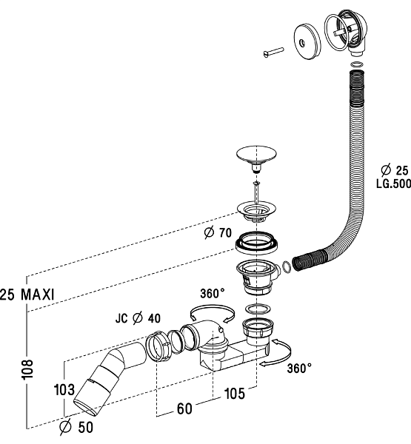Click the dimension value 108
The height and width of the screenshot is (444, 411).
28,369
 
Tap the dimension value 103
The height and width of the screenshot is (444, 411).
64,390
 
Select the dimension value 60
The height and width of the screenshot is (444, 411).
184,408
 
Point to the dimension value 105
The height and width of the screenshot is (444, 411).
235,394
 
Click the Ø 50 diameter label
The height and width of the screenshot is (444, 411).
76,427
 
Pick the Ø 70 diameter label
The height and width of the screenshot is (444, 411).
218,233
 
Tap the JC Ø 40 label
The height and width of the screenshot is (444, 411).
138,318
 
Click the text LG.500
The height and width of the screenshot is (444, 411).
393,184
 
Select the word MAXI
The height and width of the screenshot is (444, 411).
38,295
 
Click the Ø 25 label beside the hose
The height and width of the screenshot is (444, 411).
395,170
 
